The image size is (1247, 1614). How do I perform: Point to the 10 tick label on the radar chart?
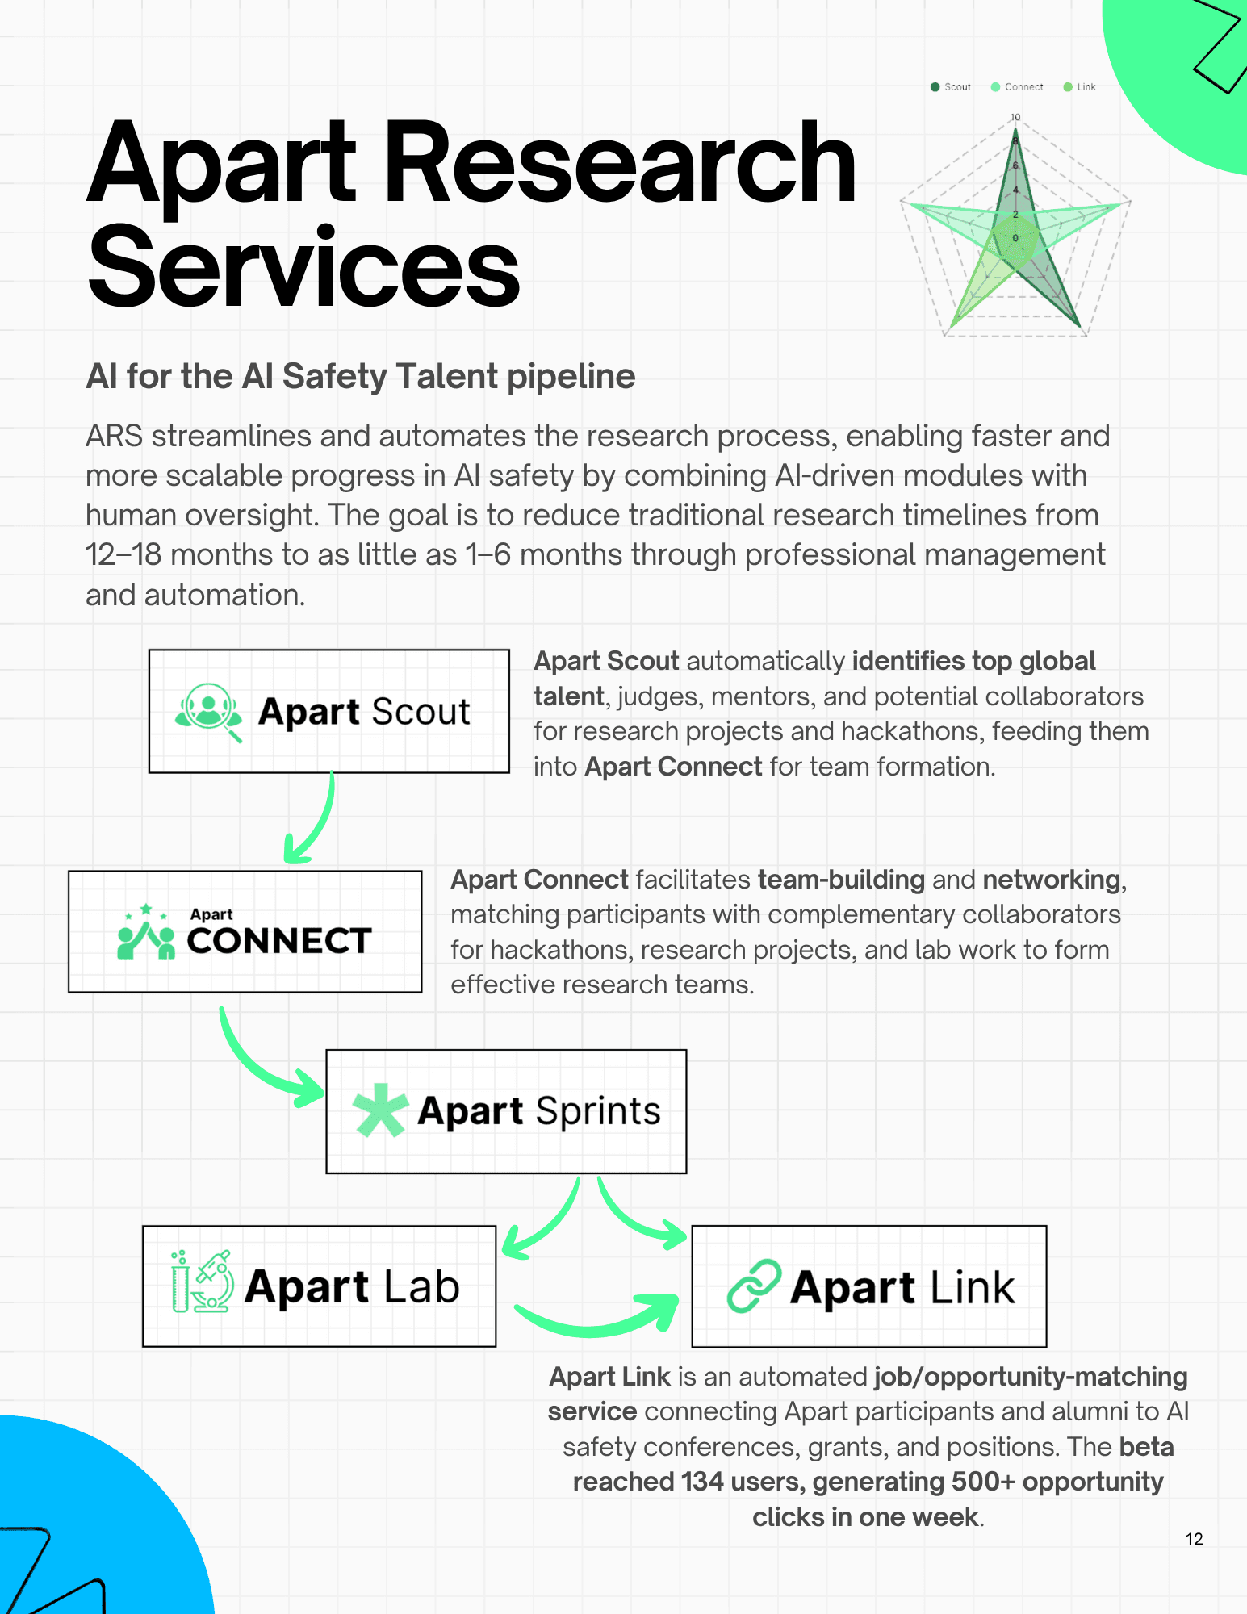(1015, 118)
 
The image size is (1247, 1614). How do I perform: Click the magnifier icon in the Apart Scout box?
(208, 711)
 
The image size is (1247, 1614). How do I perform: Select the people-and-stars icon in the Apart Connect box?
(146, 933)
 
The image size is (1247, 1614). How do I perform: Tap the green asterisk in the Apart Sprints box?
(379, 1110)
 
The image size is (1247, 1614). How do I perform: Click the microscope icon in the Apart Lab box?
(202, 1282)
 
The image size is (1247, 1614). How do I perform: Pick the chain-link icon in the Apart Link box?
(754, 1286)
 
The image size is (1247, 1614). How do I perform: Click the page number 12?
(1194, 1539)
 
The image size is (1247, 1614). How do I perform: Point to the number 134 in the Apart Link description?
(701, 1482)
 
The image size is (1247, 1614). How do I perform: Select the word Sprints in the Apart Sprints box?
(598, 1111)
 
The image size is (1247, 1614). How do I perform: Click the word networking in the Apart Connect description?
(1051, 880)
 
